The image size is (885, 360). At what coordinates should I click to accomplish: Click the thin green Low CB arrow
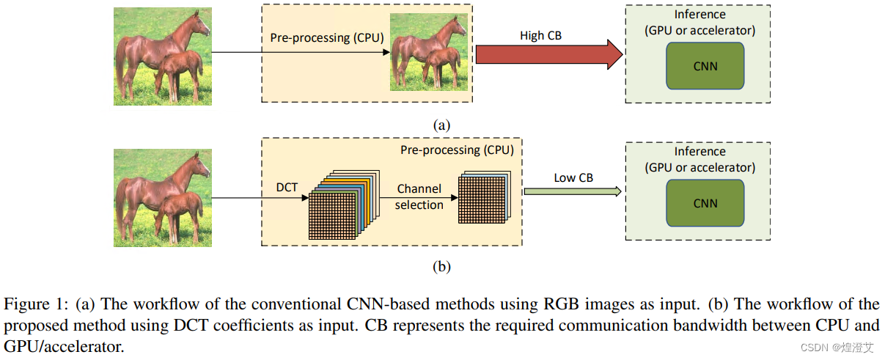click(x=572, y=191)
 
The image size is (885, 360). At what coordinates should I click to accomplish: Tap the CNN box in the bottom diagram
click(x=705, y=203)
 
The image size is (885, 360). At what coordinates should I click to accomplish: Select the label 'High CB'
click(x=540, y=35)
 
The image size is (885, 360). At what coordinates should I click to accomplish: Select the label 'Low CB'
click(x=573, y=177)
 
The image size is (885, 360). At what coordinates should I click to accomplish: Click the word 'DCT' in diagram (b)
click(x=287, y=188)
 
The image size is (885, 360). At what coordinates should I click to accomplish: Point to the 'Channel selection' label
click(x=419, y=197)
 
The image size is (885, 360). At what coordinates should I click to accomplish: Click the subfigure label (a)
click(x=441, y=125)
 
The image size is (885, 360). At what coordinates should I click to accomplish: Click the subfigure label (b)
click(x=441, y=267)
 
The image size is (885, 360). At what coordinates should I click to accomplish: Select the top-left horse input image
click(x=163, y=56)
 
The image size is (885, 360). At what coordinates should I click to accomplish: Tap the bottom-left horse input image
click(x=163, y=198)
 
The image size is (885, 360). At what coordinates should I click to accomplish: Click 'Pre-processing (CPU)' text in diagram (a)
click(x=327, y=37)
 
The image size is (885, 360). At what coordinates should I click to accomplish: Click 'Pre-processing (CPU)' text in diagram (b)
click(x=457, y=150)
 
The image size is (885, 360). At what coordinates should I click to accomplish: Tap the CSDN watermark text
click(x=836, y=347)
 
